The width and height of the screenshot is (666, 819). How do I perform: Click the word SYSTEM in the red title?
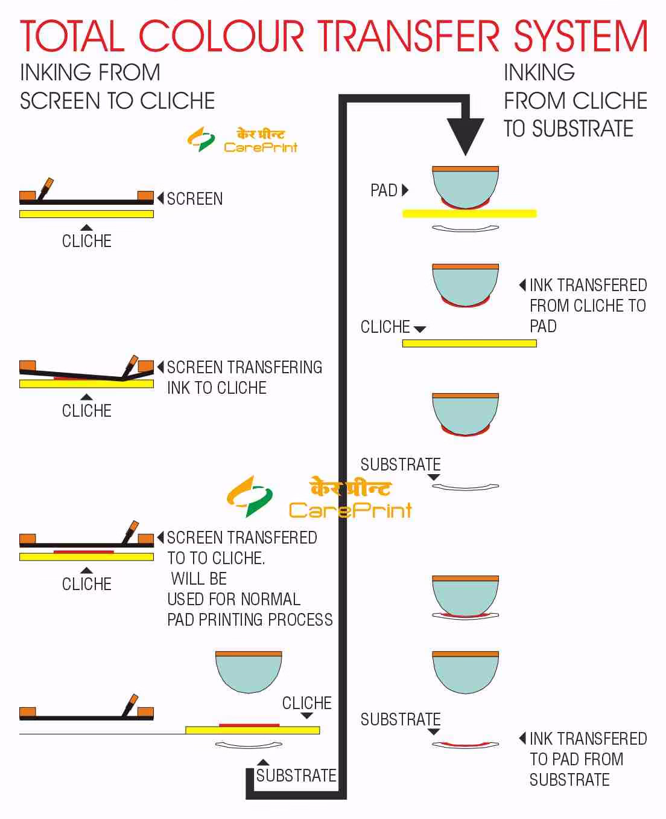coord(580,36)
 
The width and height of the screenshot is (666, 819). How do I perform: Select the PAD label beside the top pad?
coord(384,190)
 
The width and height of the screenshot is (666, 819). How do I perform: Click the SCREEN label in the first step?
coord(194,199)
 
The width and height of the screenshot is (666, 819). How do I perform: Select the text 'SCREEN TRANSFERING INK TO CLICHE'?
coord(244,377)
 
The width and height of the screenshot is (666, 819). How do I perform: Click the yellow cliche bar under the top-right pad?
coord(469,213)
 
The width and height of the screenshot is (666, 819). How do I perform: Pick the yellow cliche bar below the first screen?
coord(86,214)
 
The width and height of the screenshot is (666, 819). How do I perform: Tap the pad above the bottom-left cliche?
coord(249,672)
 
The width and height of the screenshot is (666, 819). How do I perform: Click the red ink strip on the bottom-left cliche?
coord(249,725)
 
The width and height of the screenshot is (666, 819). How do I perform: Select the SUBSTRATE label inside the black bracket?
coord(296,776)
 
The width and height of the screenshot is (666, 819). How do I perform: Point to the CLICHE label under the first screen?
coord(86,241)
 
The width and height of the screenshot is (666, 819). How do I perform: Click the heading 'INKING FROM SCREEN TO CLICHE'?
coord(117,86)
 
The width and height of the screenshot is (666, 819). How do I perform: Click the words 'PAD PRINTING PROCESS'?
coord(250,620)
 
